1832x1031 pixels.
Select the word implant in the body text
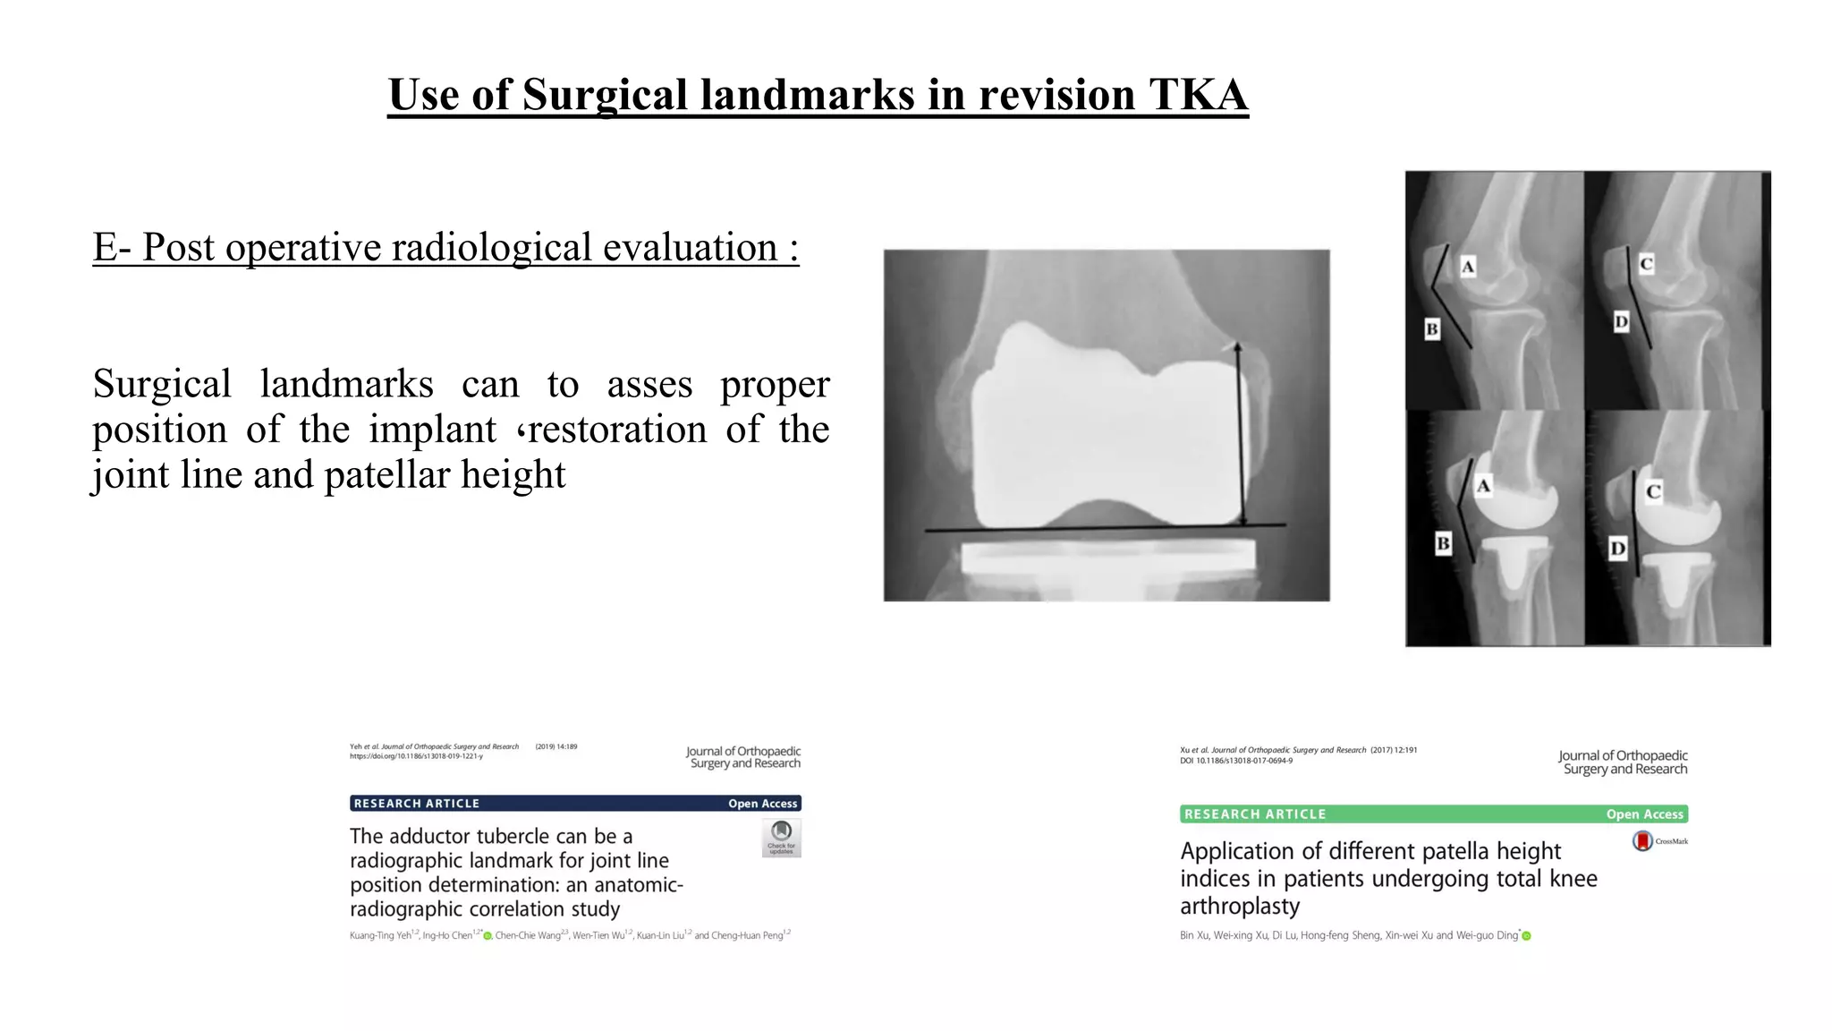pos(432,430)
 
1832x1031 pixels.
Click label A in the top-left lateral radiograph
pos(1468,266)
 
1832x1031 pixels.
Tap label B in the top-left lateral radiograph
pos(1431,329)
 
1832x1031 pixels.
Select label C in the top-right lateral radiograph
pos(1646,264)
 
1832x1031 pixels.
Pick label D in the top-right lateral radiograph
pos(1621,321)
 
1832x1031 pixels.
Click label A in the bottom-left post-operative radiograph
pos(1483,486)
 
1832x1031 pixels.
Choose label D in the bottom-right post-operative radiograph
pos(1617,549)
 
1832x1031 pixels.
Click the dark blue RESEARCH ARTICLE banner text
pos(417,804)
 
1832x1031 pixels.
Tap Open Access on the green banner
pos(1644,814)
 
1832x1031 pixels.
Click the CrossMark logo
pos(1642,841)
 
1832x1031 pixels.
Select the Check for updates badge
pos(781,838)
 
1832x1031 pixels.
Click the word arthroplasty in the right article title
pos(1240,907)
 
